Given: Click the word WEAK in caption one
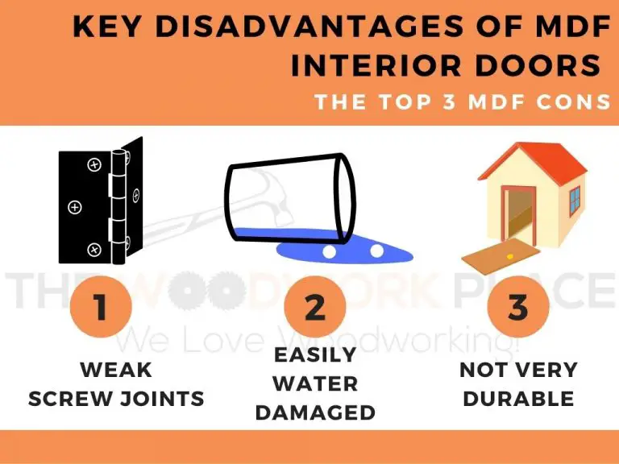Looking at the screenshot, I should [x=116, y=371].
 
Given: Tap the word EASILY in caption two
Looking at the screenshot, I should [x=315, y=354].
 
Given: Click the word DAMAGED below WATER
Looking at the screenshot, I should [x=315, y=413].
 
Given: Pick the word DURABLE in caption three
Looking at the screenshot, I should [x=518, y=398].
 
